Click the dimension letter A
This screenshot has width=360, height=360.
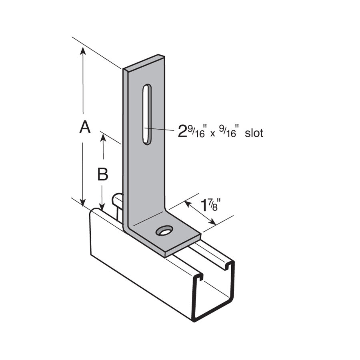pos(85,128)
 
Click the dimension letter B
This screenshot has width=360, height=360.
pos(103,174)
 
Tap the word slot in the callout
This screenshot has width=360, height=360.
pos(255,133)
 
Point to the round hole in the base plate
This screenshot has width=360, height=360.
pos(164,230)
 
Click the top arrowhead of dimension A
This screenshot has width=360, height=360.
pos(83,50)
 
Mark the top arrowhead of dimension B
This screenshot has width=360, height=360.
pos(103,137)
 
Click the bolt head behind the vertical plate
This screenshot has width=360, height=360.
pos(117,198)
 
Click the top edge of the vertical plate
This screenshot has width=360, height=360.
pos(144,63)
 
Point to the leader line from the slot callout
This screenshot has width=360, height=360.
pos(162,129)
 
